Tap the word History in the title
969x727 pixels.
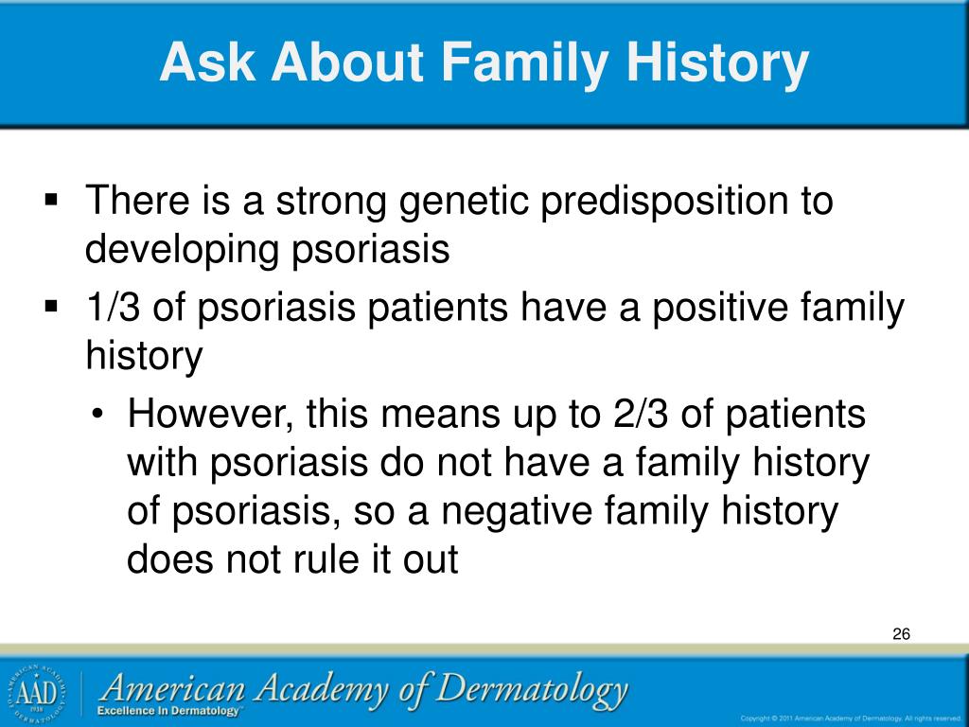pyautogui.click(x=717, y=62)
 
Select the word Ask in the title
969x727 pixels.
pyautogui.click(x=207, y=62)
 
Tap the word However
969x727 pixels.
pyautogui.click(x=210, y=415)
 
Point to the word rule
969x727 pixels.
pyautogui.click(x=326, y=559)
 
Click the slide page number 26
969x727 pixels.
pyautogui.click(x=901, y=633)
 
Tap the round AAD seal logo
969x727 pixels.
pyautogui.click(x=36, y=694)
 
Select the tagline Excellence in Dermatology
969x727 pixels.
pyautogui.click(x=168, y=711)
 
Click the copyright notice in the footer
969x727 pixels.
pyautogui.click(x=851, y=718)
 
